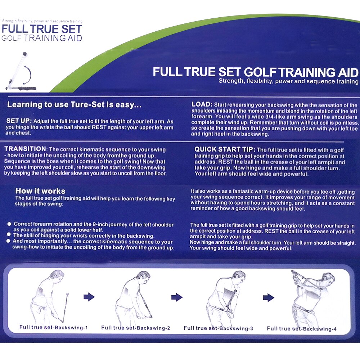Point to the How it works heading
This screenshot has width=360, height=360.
[x=40, y=191]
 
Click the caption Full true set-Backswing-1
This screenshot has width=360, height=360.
[x=54, y=328]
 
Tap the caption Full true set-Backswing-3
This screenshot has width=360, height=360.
[x=218, y=328]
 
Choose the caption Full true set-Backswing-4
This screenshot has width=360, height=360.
[x=302, y=328]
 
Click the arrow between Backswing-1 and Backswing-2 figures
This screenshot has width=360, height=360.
[x=89, y=297]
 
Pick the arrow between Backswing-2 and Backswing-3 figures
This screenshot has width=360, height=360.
[x=177, y=297]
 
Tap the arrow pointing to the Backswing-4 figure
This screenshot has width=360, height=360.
[x=269, y=297]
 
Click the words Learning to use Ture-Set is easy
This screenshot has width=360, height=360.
[x=74, y=105]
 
